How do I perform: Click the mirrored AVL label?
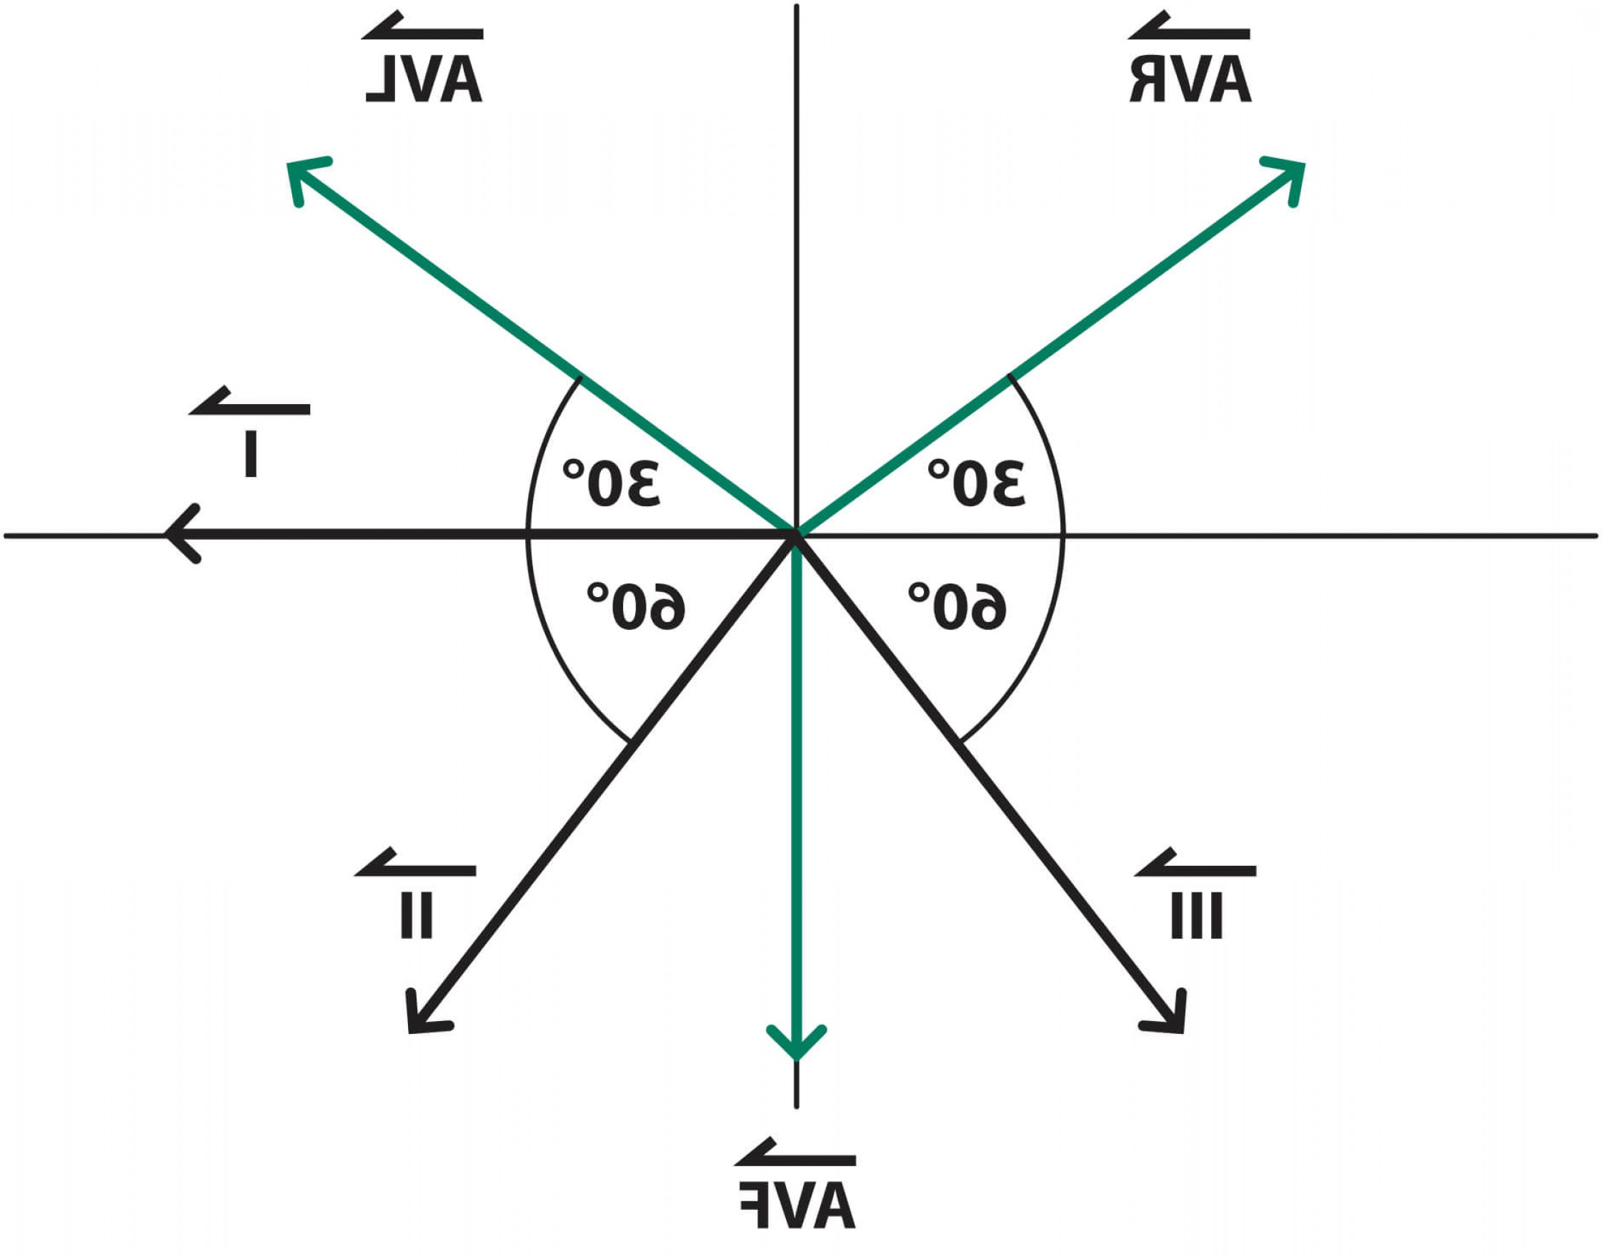424,80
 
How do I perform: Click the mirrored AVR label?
1190,80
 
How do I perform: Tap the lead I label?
251,454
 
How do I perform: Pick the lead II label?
417,915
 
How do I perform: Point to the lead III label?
1196,915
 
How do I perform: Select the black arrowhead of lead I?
179,533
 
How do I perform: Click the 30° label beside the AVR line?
976,483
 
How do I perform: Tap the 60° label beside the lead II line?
636,606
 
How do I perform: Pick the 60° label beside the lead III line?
957,606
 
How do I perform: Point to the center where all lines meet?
796,533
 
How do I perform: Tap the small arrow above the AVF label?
795,1157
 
